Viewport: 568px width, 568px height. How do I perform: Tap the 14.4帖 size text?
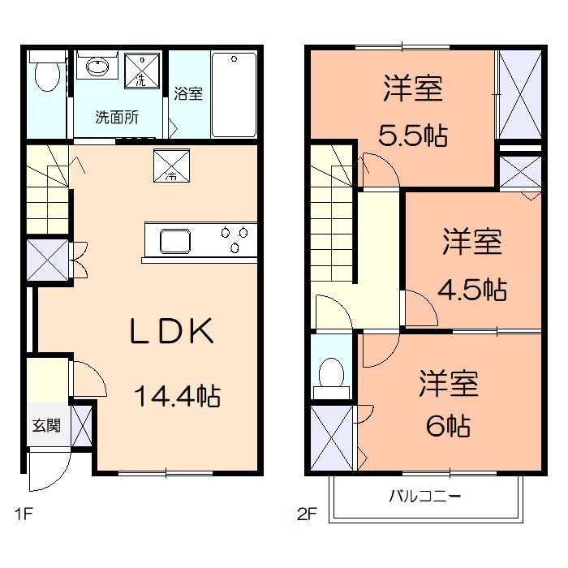pos(177,397)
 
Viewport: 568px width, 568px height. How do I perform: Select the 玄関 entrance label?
pos(45,424)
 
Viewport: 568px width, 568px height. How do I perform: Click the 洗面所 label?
pos(117,117)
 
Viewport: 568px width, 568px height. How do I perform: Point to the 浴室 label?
pos(188,93)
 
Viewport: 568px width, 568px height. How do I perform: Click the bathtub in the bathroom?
pos(234,94)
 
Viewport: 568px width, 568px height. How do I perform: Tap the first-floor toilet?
pos(46,78)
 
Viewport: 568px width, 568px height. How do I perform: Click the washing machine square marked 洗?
pos(142,71)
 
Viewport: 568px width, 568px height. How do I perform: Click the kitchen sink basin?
pos(174,241)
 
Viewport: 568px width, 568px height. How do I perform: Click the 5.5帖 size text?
pos(413,136)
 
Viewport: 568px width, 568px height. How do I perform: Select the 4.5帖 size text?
pos(474,288)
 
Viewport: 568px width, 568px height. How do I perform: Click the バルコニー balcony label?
pos(424,495)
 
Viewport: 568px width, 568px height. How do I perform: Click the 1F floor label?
pos(24,513)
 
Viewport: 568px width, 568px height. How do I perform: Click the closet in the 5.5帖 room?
pos(519,96)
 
